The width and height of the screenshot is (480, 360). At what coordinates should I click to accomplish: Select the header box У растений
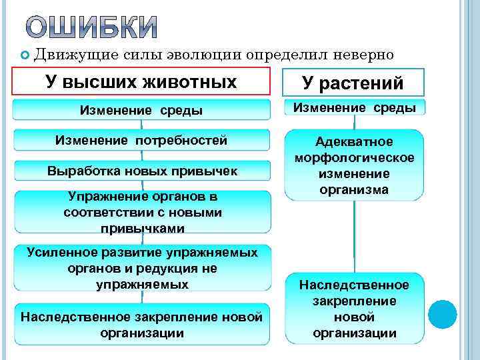pos(353,83)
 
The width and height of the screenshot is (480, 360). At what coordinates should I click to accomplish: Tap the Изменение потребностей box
pos(141,140)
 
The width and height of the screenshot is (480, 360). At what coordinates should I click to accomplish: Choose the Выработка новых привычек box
pos(142,170)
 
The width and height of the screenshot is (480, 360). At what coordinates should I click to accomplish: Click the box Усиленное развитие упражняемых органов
pos(142,268)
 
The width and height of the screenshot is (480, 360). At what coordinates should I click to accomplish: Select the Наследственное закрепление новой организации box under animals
pos(141,324)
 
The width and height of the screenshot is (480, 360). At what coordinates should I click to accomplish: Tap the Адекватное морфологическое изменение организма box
pos(354,165)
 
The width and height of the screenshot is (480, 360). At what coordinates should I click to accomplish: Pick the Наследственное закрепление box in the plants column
pos(354,309)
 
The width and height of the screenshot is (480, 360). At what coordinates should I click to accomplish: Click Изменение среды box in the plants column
pos(355,107)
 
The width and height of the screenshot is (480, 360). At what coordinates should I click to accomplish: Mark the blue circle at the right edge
pos(442,313)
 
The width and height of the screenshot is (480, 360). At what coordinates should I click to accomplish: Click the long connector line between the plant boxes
pos(354,237)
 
